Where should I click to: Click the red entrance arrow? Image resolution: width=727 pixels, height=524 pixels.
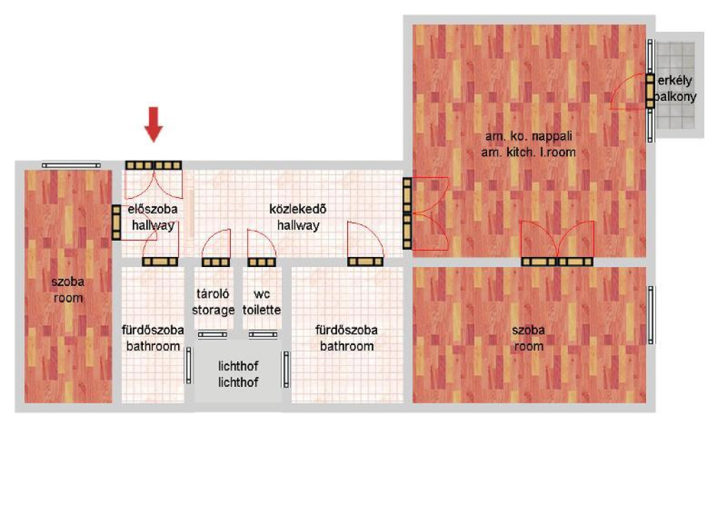coord(153,124)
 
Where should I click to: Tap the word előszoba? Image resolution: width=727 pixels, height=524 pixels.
coord(153,209)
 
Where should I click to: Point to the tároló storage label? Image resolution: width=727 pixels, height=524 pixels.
coord(213,302)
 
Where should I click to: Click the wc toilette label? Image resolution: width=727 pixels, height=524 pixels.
coord(262,302)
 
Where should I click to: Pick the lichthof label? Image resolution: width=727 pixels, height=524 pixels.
coord(238,374)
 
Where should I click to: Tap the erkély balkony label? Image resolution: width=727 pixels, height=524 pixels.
coord(675,88)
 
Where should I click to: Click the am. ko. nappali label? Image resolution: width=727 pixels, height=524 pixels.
coord(528,136)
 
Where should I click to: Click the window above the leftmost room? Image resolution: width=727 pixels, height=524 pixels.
coord(71,165)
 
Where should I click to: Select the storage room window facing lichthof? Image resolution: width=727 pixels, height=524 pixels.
coord(212,334)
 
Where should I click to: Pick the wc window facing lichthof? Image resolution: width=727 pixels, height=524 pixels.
coord(263,334)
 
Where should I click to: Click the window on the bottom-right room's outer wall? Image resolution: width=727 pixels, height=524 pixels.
coord(650,315)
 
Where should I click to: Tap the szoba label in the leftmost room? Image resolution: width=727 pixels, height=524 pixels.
coord(68,290)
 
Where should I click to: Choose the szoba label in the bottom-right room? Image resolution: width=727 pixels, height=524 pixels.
coord(528,338)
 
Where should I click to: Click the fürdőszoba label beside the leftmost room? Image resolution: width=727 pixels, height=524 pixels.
coord(153,338)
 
